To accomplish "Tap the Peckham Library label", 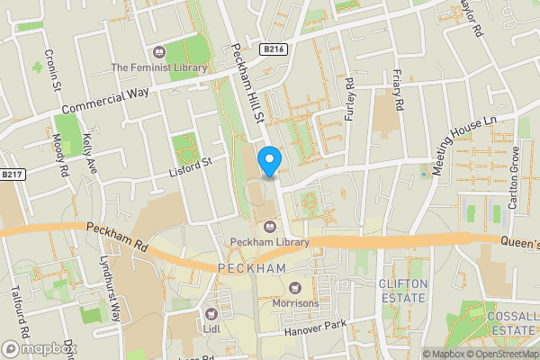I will [x=270, y=241].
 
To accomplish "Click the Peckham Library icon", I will [x=270, y=226].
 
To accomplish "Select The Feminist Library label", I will [x=159, y=67].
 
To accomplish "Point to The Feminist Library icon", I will [x=159, y=52].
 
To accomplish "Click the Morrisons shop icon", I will [x=295, y=288].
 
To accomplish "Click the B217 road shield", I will [x=12, y=175].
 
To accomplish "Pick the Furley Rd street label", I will [x=349, y=101].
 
